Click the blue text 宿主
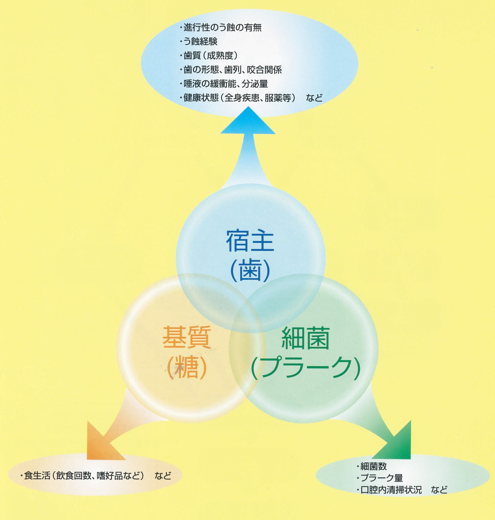point(250,241)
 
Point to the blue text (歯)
point(250,271)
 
